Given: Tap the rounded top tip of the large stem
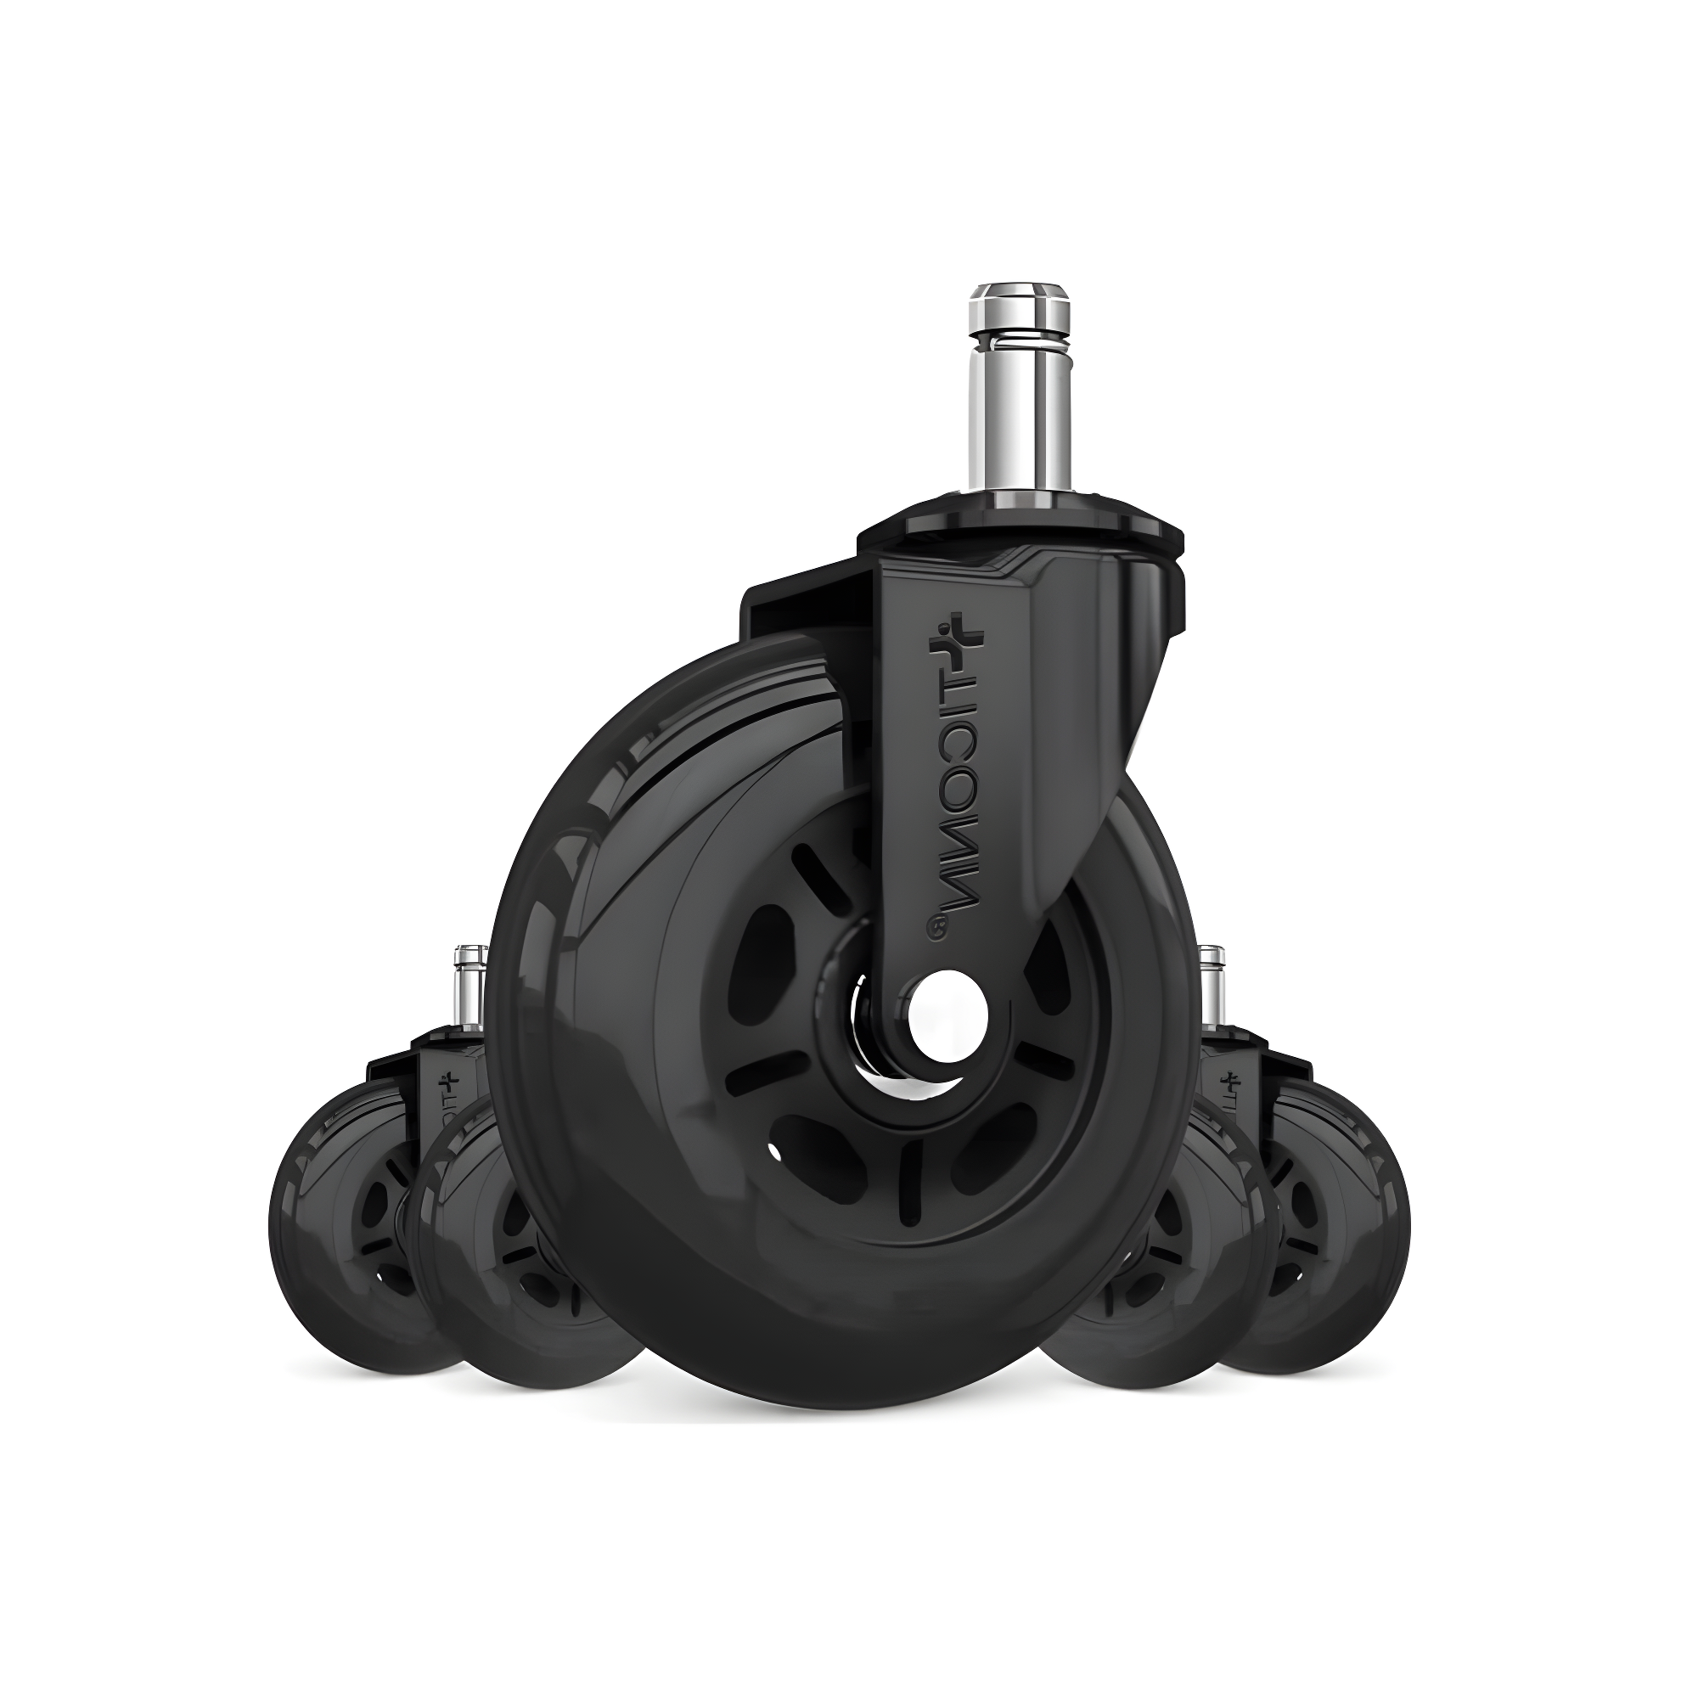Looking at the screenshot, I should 1019,291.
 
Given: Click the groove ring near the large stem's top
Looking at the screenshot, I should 1019,335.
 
